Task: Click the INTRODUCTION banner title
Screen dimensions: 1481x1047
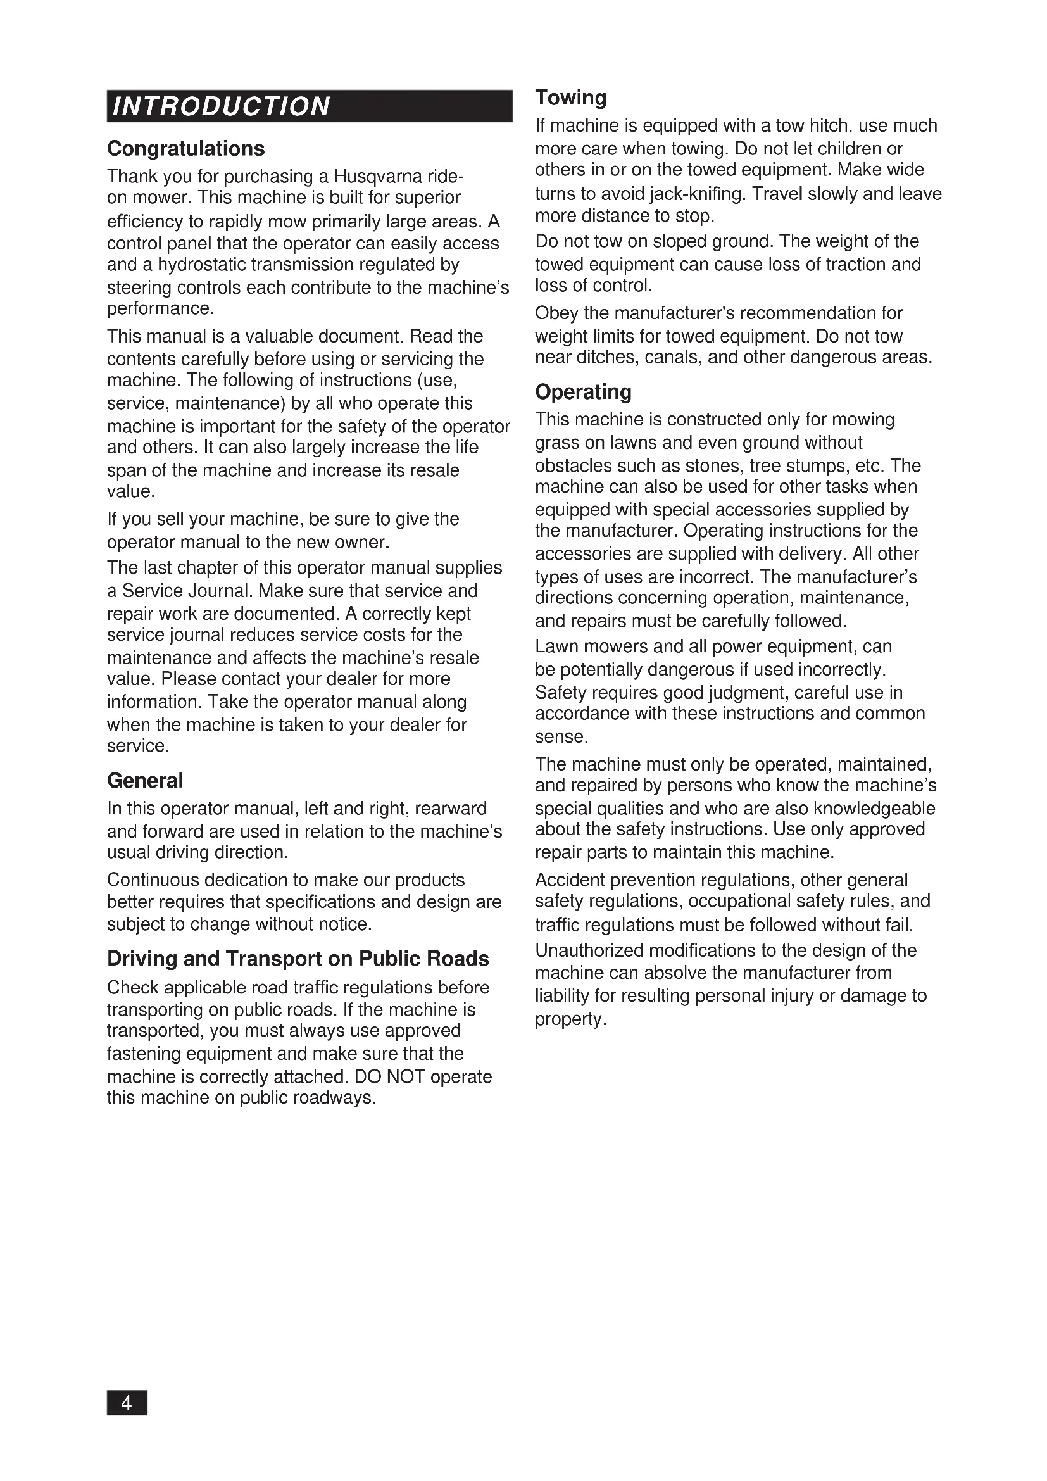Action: [x=221, y=106]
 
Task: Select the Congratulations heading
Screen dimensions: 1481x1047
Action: [x=185, y=149]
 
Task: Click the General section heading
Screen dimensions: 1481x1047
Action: [x=145, y=781]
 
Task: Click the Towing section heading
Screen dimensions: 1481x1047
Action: [x=570, y=98]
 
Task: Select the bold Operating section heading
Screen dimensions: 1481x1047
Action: [x=583, y=392]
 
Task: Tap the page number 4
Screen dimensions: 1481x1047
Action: [x=127, y=1403]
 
